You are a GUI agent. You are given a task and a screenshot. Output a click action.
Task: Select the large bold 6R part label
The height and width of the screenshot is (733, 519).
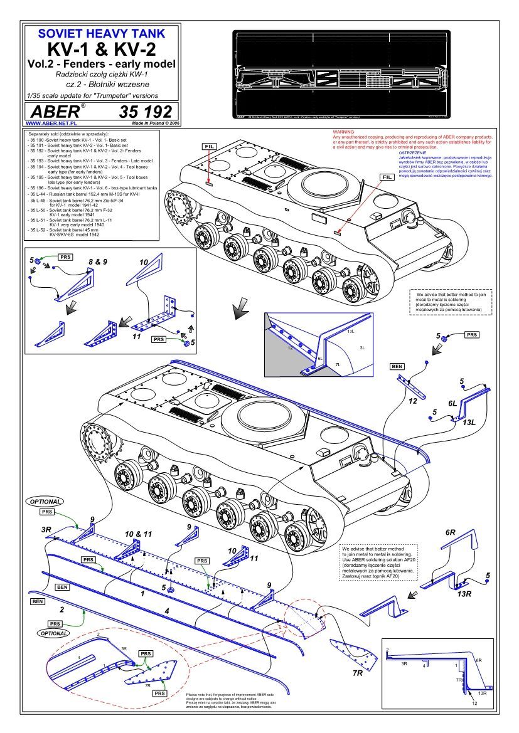click(x=450, y=532)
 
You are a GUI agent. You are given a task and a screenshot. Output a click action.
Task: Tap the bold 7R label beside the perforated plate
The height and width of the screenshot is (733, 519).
click(x=357, y=672)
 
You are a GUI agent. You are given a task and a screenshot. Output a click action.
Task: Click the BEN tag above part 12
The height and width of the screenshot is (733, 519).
click(x=397, y=366)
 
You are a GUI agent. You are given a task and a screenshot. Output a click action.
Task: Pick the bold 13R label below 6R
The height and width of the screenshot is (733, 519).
click(x=465, y=593)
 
